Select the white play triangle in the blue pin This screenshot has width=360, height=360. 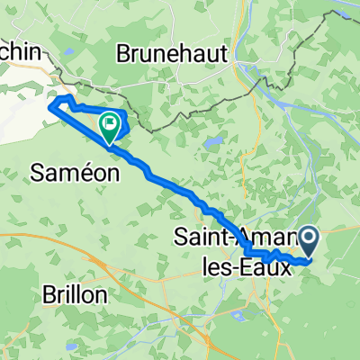click(310, 238)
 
